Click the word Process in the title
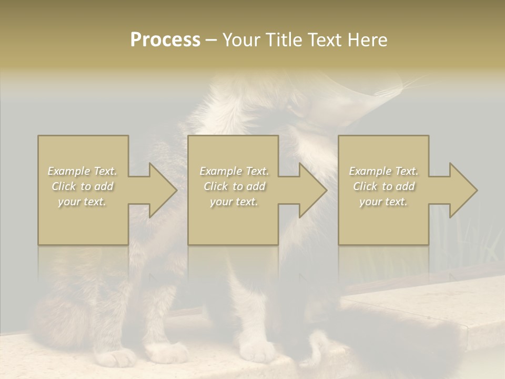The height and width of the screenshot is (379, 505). [165, 40]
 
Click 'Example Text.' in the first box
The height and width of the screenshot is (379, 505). [83, 171]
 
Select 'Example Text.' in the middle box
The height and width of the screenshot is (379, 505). [234, 171]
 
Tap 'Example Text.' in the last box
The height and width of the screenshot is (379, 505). [383, 171]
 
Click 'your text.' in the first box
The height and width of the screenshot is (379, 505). [83, 202]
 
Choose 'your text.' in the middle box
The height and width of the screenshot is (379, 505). [234, 202]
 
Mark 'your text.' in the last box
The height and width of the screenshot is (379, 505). [383, 202]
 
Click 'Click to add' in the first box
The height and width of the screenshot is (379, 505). [83, 186]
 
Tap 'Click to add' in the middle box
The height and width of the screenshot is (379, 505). [234, 186]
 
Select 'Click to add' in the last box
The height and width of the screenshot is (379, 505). [383, 186]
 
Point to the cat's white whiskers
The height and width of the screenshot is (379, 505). [405, 87]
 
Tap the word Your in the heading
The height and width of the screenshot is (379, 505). [239, 40]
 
